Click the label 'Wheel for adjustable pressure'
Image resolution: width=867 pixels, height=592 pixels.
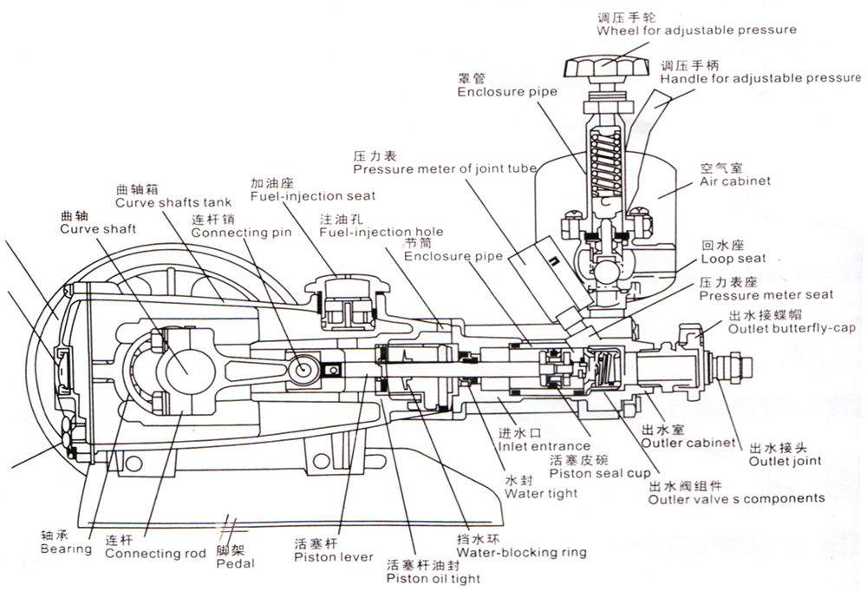point(696,30)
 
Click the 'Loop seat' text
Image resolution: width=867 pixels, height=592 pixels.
point(733,259)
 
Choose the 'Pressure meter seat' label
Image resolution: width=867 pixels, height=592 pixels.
point(766,295)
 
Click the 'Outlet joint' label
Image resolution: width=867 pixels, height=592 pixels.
point(786,461)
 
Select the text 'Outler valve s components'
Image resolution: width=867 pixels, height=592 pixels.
point(737,498)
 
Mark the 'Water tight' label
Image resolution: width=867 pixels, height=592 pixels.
point(535,493)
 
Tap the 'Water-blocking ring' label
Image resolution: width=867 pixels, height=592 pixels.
point(521,552)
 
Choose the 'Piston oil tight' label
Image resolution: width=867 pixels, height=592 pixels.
point(433,578)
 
